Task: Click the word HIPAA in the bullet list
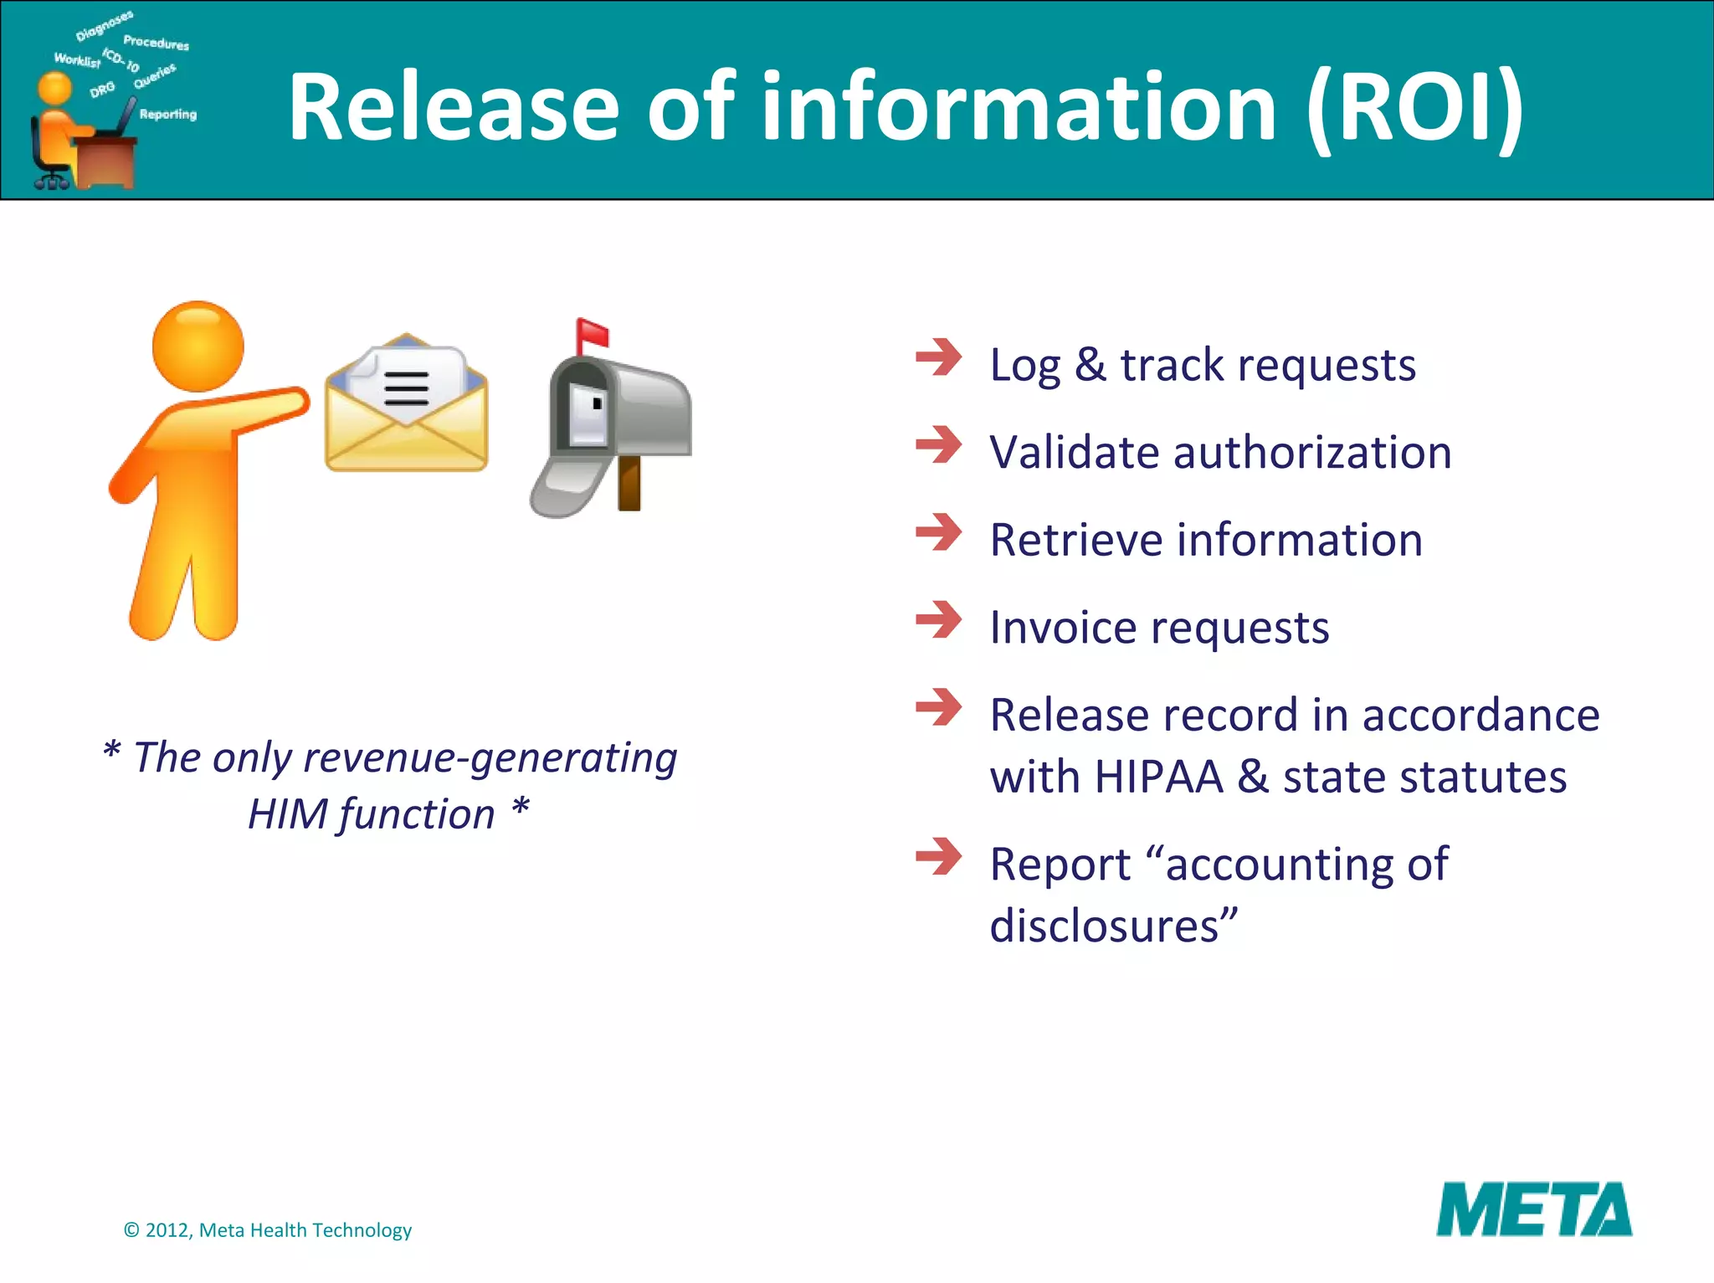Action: tap(1158, 777)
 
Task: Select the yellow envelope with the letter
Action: tap(406, 404)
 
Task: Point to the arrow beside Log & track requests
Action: tap(938, 357)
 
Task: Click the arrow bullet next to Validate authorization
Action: tap(938, 444)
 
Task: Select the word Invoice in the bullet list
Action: tap(1057, 628)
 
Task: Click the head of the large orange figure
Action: tap(198, 346)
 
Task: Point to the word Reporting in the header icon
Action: tap(167, 114)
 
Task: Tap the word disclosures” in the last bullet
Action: tap(1112, 926)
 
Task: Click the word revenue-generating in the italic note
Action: tap(490, 758)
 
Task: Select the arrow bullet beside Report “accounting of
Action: tap(938, 857)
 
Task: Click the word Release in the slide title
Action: tap(454, 108)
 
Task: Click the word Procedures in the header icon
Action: tap(156, 43)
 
